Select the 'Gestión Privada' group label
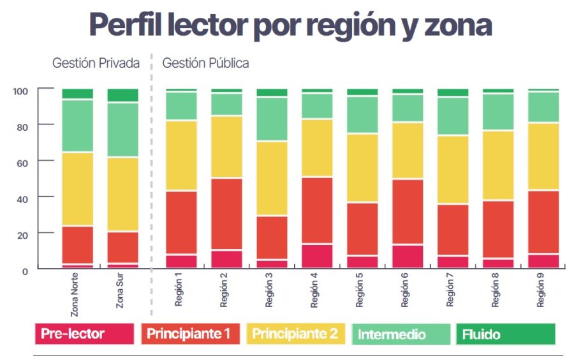pos(96,63)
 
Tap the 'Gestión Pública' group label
pos(205,63)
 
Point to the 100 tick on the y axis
pos(20,91)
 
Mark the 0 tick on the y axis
pos(26,271)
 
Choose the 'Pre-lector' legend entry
pos(84,333)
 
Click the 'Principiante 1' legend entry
pos(190,333)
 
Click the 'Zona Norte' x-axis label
pos(75,296)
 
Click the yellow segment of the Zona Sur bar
pos(123,194)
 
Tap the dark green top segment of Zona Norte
pos(78,94)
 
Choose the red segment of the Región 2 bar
pos(226,214)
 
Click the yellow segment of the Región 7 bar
pos(453,170)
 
